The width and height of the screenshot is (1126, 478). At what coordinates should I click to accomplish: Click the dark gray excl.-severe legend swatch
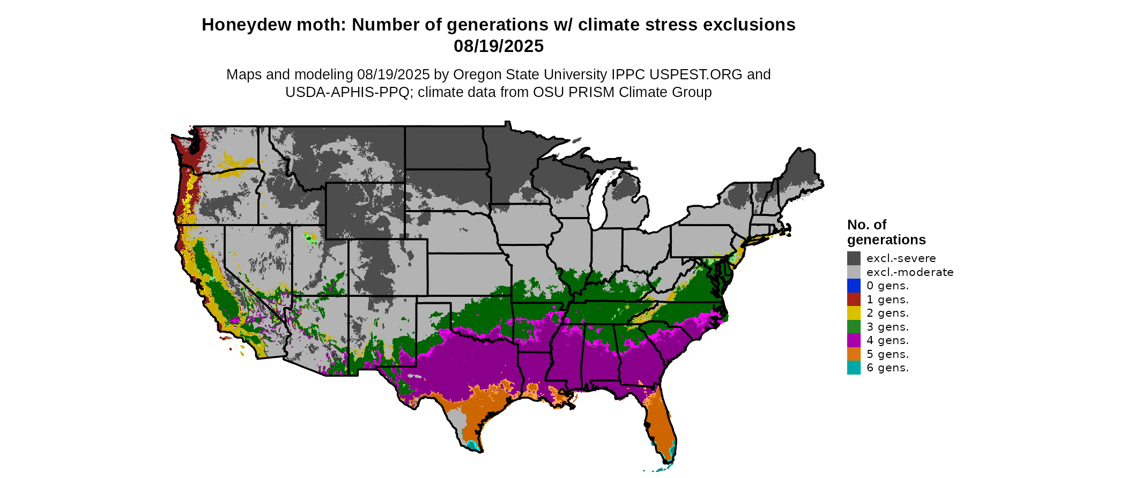coord(854,258)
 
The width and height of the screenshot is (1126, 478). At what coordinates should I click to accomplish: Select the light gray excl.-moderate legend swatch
coord(854,272)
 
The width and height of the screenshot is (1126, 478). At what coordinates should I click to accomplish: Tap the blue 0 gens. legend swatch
coord(854,286)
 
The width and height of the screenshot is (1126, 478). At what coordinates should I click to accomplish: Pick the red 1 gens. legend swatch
coord(854,300)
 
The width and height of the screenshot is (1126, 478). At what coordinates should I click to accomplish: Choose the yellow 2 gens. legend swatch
coord(854,313)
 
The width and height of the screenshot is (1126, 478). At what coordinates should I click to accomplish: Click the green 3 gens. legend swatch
coord(854,327)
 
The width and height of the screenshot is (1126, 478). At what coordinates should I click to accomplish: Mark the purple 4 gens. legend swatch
coord(854,340)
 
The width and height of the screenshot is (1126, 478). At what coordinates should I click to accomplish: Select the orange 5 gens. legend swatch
coord(854,354)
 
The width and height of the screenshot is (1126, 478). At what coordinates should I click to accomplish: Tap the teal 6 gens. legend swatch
coord(854,368)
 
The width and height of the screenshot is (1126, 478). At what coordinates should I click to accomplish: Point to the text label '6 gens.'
coord(887,368)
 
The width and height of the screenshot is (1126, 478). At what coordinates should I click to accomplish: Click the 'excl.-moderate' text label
coord(909,272)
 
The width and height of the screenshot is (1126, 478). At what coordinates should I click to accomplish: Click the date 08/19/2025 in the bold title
coord(498,46)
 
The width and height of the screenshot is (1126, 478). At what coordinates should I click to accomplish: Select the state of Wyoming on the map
coord(365,211)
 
